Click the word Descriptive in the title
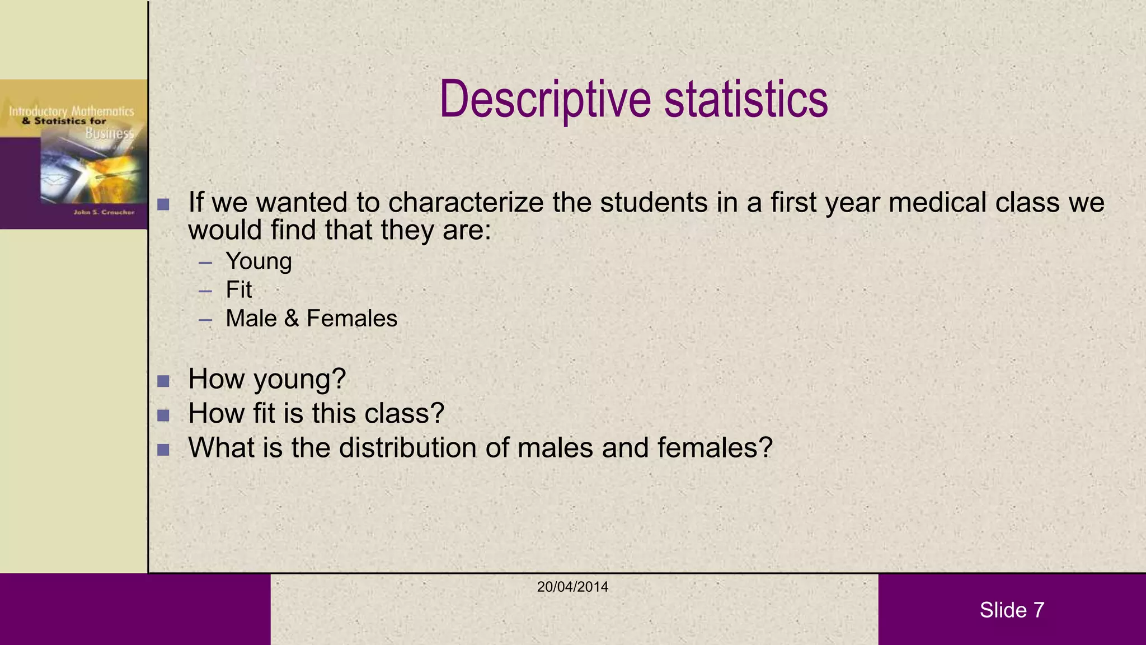(x=546, y=100)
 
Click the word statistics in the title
(x=746, y=100)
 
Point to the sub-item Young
(x=259, y=261)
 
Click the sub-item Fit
(x=239, y=290)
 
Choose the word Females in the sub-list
(x=352, y=319)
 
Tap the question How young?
(x=267, y=379)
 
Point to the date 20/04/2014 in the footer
(x=572, y=587)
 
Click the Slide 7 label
(x=1012, y=610)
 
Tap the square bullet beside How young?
(x=163, y=381)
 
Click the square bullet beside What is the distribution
(x=163, y=450)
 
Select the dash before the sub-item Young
(x=205, y=263)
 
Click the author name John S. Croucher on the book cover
(x=104, y=212)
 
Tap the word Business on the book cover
(x=110, y=133)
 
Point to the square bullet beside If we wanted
(x=163, y=204)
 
